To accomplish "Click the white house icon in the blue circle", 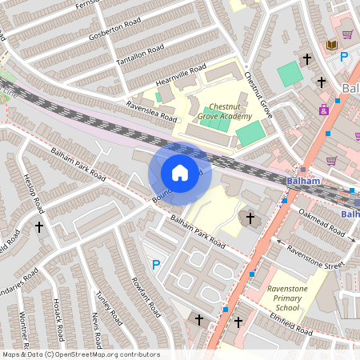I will [x=180, y=172].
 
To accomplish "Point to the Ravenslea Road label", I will [x=151, y=110].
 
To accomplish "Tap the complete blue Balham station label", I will [x=302, y=182].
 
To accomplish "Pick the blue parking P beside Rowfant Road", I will [x=156, y=265].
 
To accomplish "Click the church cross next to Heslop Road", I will [x=38, y=227].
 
